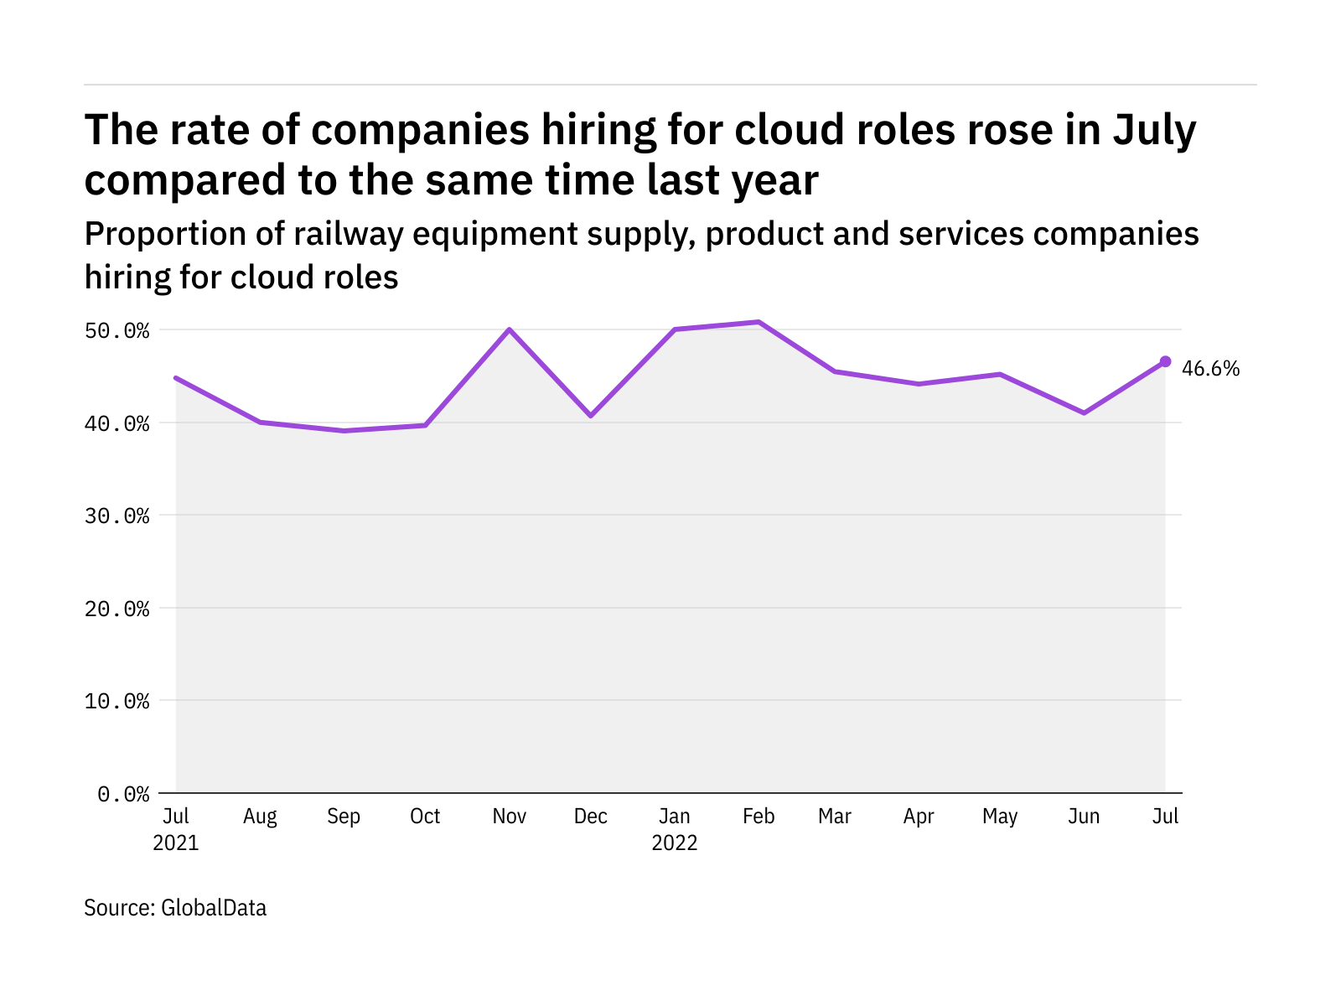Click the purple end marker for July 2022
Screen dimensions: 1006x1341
1165,361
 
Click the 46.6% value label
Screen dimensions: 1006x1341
1210,369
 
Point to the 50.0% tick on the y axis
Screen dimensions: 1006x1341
116,330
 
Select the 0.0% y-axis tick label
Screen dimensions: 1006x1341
123,793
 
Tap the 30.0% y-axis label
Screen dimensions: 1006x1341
116,516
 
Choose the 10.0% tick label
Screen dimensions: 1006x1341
116,701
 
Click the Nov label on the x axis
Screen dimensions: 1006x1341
509,817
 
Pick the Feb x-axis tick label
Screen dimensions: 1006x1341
759,817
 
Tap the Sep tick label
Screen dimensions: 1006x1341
344,817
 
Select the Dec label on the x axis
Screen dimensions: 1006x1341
591,817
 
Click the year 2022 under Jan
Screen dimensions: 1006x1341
675,843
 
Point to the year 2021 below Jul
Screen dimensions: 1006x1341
176,843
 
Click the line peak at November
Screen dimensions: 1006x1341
509,329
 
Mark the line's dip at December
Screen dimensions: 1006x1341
591,415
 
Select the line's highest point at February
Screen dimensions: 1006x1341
759,322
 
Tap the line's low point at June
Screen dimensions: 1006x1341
1084,412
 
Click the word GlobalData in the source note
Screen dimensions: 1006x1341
214,908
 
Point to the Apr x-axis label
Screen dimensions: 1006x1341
919,817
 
